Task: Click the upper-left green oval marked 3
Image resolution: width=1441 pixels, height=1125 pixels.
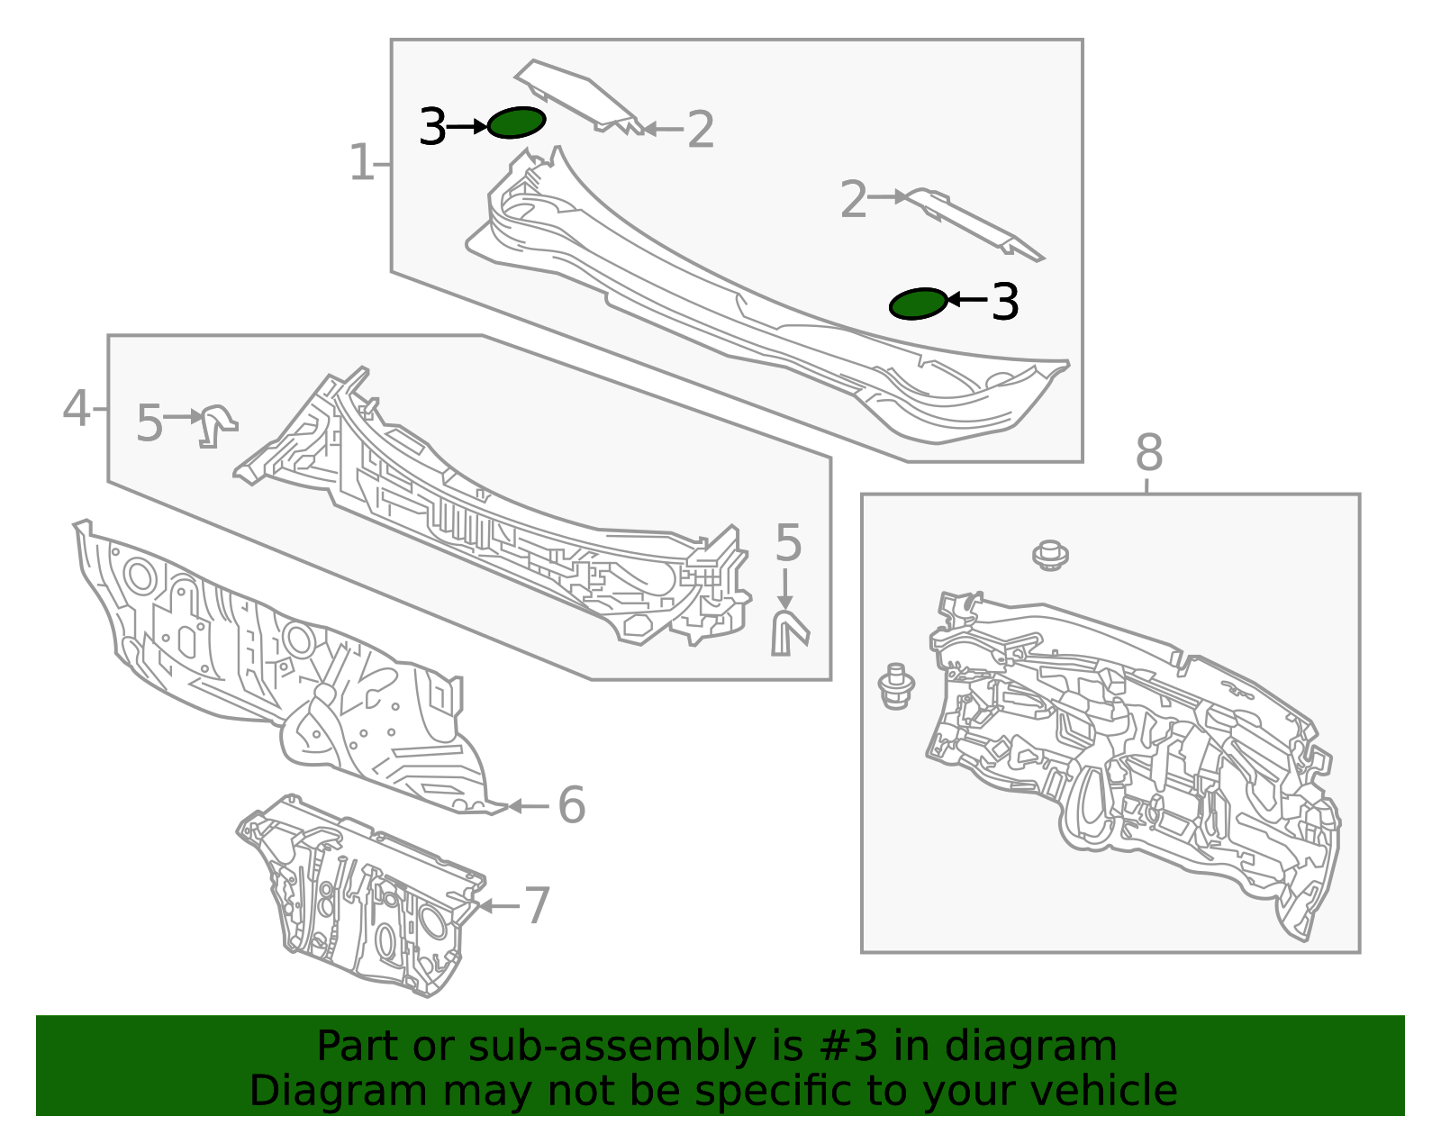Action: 517,122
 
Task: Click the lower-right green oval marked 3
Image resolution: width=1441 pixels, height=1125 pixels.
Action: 918,304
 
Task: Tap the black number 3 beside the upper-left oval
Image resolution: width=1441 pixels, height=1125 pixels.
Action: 432,127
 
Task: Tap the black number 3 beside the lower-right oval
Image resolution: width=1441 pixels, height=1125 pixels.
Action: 1005,302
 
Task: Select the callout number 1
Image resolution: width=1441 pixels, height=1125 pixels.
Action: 362,162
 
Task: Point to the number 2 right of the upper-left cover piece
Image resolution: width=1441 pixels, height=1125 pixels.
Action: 701,130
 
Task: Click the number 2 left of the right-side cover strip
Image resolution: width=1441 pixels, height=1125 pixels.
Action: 854,198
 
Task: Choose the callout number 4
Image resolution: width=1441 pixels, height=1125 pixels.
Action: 77,408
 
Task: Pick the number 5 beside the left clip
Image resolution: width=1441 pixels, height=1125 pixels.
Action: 150,423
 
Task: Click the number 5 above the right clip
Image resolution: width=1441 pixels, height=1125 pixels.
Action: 788,543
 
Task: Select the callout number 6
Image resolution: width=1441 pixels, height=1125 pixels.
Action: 572,805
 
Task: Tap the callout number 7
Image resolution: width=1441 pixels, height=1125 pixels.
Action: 538,905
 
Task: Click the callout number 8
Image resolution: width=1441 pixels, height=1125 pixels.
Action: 1149,453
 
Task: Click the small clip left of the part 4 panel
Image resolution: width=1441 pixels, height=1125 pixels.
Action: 218,426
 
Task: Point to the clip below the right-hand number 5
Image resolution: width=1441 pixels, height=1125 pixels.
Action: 789,634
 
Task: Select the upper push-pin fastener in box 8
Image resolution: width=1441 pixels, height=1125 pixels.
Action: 1050,555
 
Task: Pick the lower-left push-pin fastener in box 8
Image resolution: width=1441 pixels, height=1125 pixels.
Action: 896,685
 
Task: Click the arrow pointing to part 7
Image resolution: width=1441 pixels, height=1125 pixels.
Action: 499,905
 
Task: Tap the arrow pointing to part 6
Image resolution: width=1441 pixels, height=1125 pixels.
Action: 529,806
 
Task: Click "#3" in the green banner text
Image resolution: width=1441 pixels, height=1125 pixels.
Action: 848,1046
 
